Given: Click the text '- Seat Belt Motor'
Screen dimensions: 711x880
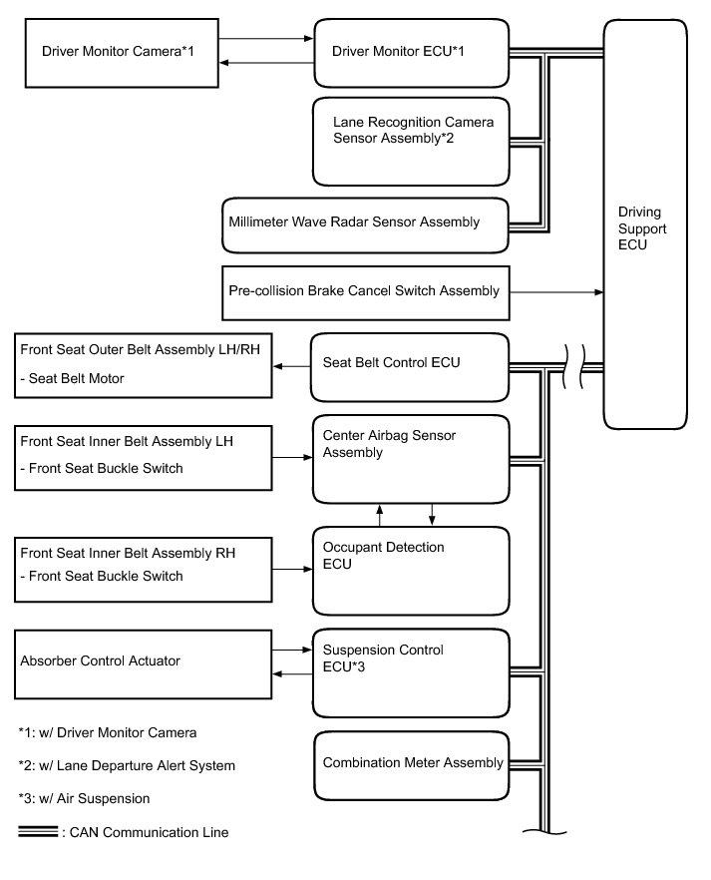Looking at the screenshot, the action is click(73, 379).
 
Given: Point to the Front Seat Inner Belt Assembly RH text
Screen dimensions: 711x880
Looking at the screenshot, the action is click(128, 553).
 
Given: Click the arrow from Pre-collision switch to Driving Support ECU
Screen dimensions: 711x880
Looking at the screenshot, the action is click(556, 291).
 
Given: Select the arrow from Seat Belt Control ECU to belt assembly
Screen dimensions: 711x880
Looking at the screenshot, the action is click(291, 366).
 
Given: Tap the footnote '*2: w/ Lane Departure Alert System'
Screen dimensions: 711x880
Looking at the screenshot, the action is click(127, 765).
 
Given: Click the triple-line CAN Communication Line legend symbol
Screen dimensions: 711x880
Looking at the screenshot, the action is click(38, 832).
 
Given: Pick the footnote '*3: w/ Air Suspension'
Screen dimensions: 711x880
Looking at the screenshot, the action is click(84, 798).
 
